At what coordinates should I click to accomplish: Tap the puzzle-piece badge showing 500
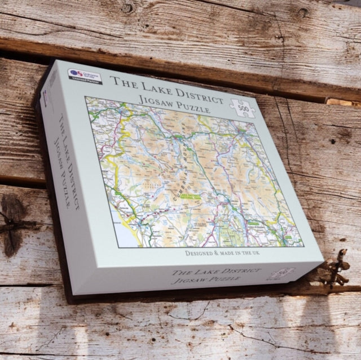[243, 106]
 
